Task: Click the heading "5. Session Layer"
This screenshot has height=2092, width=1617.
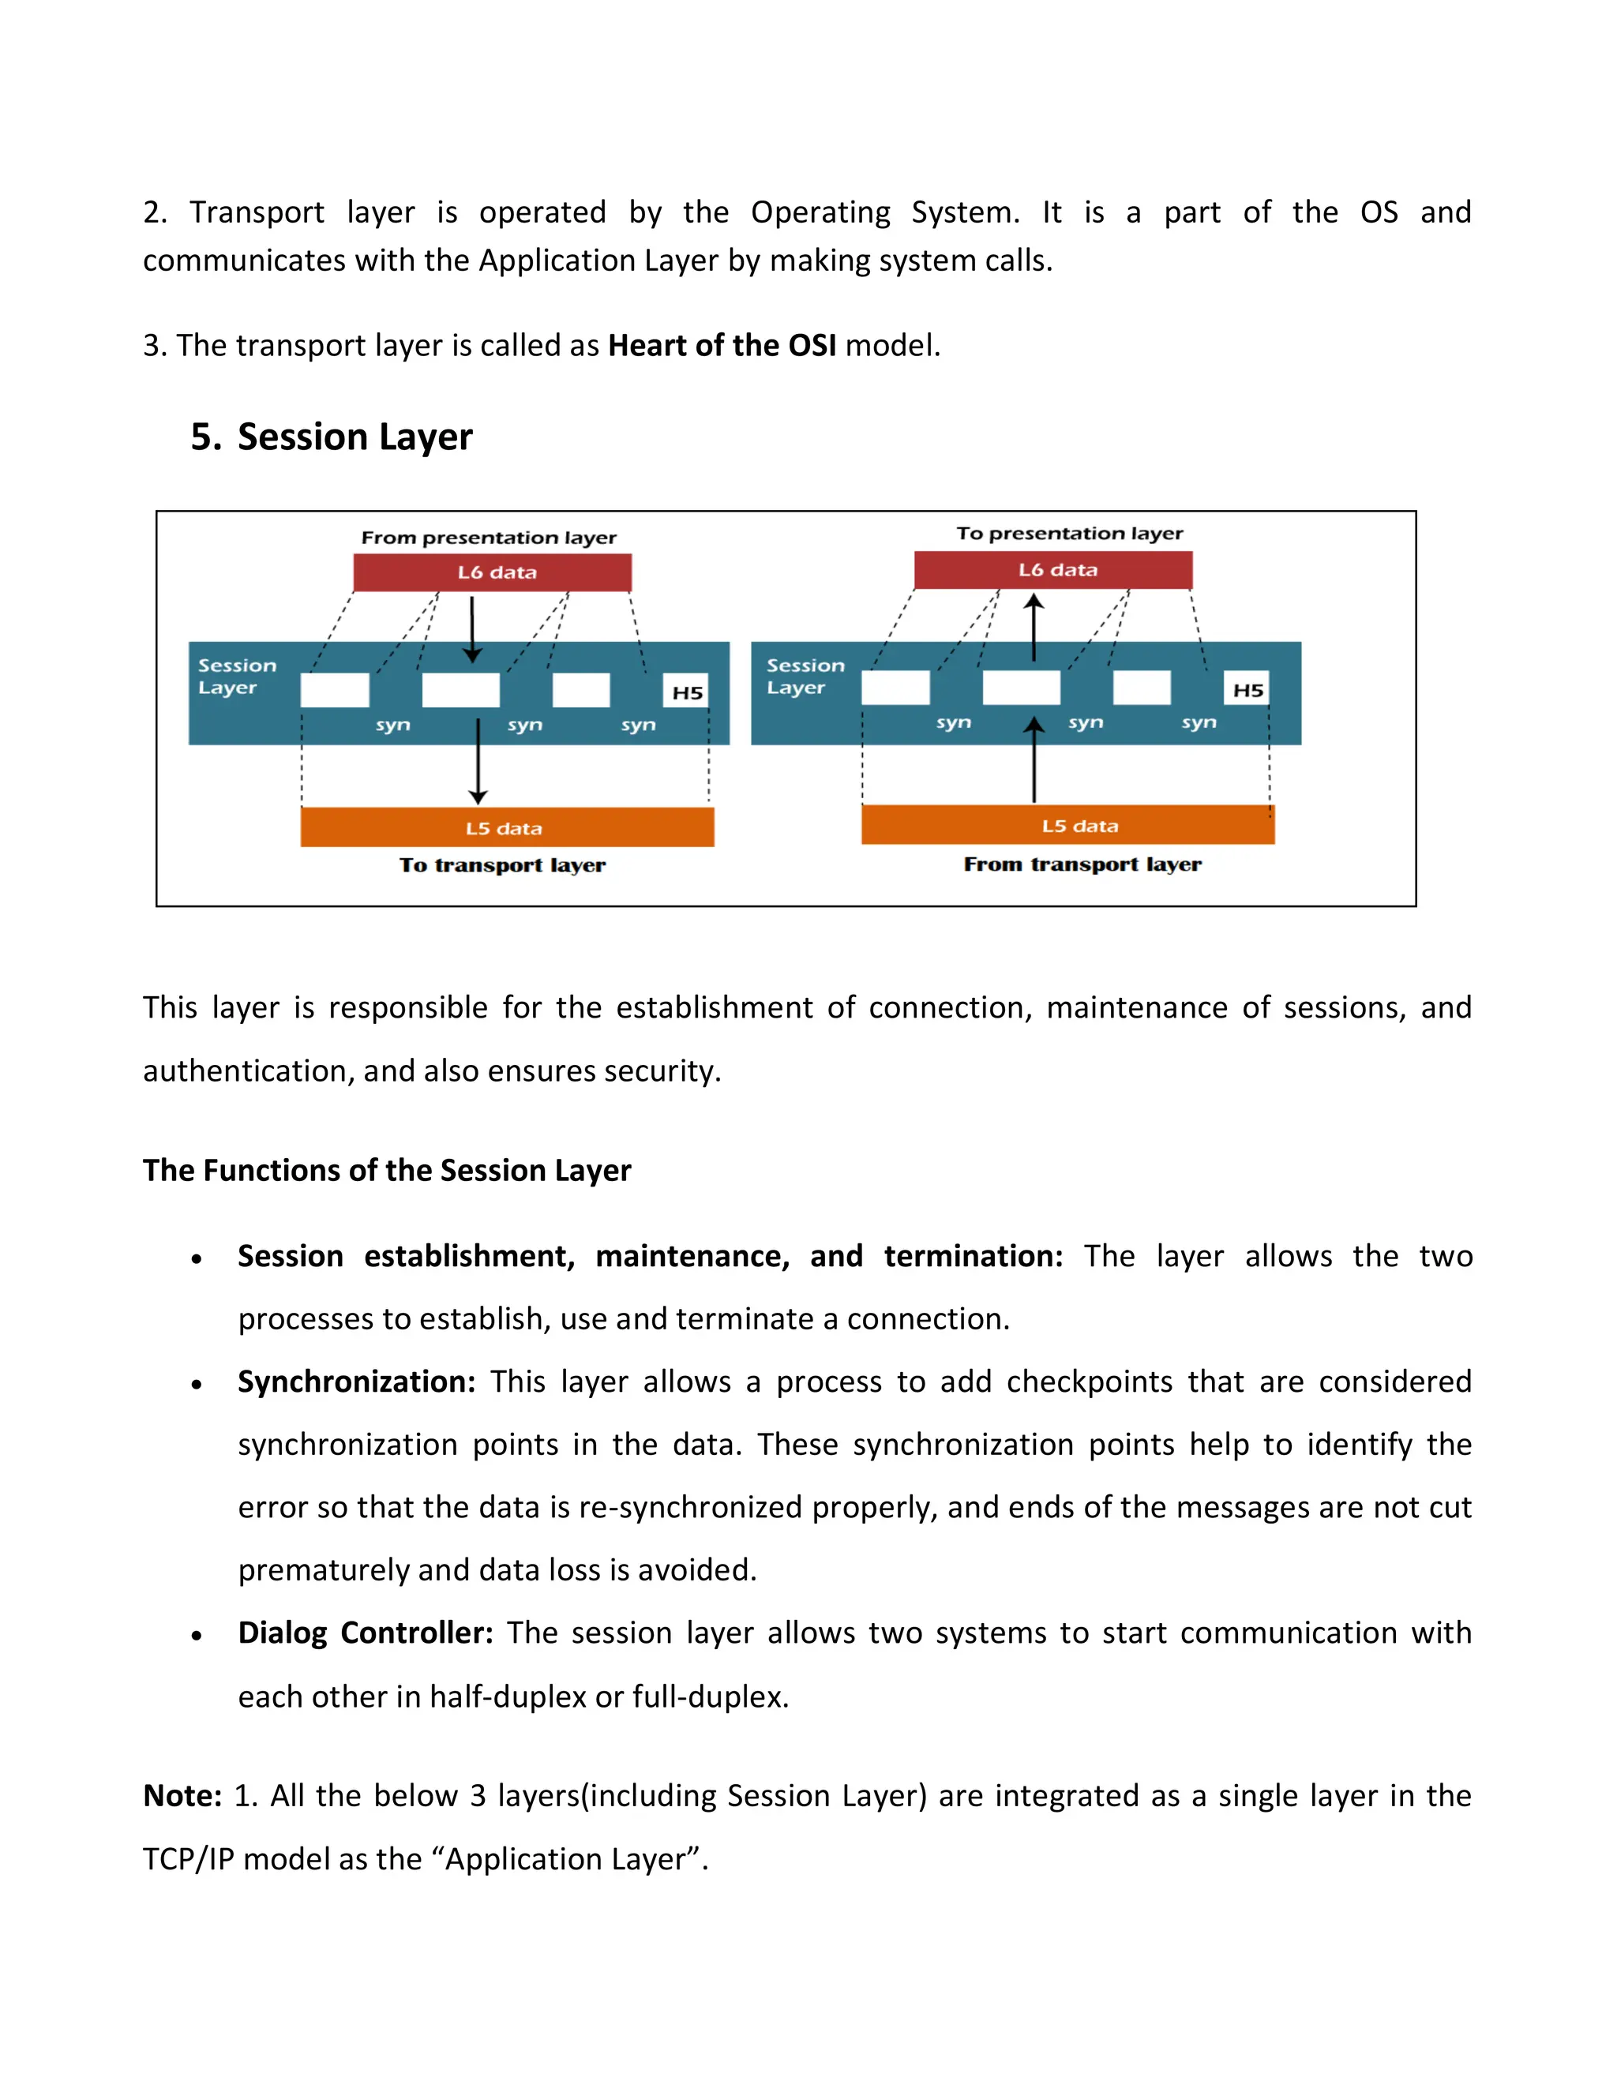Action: pyautogui.click(x=332, y=437)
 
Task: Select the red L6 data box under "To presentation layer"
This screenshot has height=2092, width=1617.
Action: pyautogui.click(x=1052, y=570)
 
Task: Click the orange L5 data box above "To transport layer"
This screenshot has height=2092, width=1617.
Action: pyautogui.click(x=507, y=827)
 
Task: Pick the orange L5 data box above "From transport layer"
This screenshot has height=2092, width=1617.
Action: pyautogui.click(x=1067, y=825)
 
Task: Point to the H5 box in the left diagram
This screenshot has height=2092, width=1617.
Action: pyautogui.click(x=687, y=692)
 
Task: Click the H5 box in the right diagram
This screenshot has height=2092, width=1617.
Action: pyautogui.click(x=1247, y=690)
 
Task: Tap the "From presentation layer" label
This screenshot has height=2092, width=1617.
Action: pyautogui.click(x=489, y=538)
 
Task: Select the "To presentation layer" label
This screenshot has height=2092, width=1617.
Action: pyautogui.click(x=1069, y=534)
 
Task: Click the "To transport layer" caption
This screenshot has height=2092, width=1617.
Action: pyautogui.click(x=502, y=865)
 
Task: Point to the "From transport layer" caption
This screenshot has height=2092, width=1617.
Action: pyautogui.click(x=1082, y=864)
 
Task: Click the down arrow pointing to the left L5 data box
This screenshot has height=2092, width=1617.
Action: pyautogui.click(x=478, y=762)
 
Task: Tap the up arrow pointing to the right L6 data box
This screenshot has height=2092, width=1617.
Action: pyautogui.click(x=1034, y=628)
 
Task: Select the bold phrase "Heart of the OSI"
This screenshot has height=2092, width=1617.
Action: pyautogui.click(x=722, y=345)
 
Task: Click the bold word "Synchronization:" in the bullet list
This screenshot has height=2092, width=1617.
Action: pyautogui.click(x=356, y=1382)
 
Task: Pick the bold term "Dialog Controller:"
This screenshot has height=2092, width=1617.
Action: pyautogui.click(x=365, y=1633)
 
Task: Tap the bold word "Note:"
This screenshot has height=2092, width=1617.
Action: pyautogui.click(x=182, y=1795)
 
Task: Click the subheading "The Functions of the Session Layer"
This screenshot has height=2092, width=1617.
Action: pyautogui.click(x=387, y=1171)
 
